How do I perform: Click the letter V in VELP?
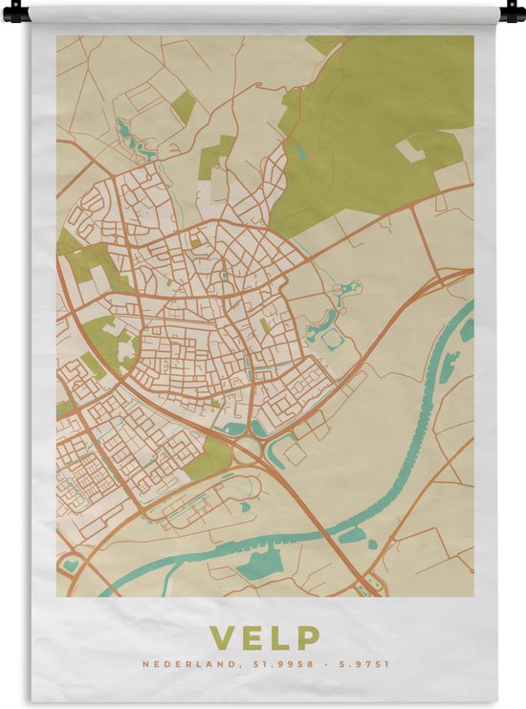tap(221, 637)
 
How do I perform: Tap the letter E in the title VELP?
tap(252, 637)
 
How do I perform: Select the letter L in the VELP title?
tap(279, 637)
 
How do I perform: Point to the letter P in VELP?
tap(308, 637)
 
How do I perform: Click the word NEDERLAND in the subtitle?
tap(182, 664)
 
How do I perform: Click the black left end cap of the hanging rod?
tap(15, 12)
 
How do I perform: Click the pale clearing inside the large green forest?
tap(410, 148)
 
